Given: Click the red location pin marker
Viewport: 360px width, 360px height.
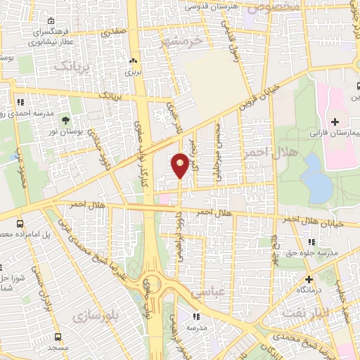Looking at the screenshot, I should click(180, 165).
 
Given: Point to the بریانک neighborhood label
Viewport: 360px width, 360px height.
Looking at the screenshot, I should click(73, 67).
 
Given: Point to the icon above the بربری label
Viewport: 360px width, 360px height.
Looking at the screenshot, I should click(133, 60).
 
